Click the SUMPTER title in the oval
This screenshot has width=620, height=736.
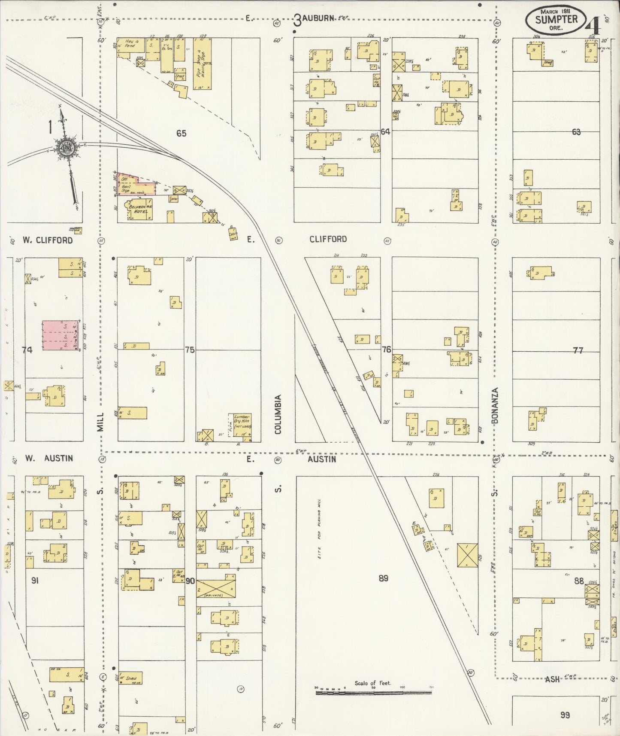556,19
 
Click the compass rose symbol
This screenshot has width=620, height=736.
68,148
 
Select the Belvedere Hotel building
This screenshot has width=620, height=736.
139,210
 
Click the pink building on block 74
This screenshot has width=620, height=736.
60,335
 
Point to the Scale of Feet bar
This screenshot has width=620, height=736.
373,692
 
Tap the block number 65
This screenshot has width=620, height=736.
181,134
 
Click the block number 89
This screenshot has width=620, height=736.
383,578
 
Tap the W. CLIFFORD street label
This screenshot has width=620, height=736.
48,240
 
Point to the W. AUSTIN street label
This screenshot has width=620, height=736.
48,458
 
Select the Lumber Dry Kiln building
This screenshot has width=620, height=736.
242,426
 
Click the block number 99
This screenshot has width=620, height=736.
565,715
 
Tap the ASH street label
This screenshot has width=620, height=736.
553,679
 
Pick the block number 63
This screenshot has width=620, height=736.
576,132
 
